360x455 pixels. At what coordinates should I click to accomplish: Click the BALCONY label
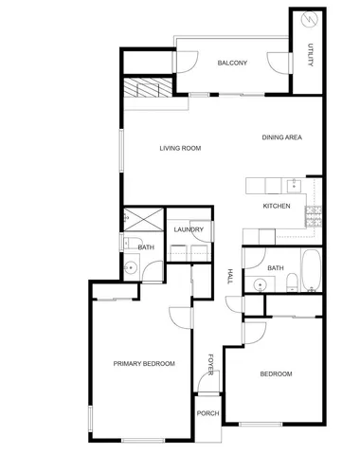click(x=232, y=64)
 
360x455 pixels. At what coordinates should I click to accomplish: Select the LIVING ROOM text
click(x=180, y=148)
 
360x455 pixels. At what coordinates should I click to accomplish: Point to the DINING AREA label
click(x=281, y=138)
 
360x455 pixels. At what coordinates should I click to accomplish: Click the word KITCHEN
click(x=276, y=206)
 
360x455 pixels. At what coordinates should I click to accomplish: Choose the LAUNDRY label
click(x=189, y=229)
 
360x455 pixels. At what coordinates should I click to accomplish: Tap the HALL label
click(x=230, y=276)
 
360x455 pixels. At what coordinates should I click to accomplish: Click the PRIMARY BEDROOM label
click(x=144, y=364)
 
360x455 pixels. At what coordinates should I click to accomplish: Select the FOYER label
click(x=211, y=364)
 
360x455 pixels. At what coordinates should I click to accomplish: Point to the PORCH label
click(x=207, y=414)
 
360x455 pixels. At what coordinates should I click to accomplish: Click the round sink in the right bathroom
click(x=260, y=282)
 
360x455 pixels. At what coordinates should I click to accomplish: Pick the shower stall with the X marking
click(x=142, y=220)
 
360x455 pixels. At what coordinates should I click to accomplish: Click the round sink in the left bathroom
click(x=133, y=268)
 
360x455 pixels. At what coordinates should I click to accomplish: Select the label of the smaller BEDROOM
click(x=277, y=373)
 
